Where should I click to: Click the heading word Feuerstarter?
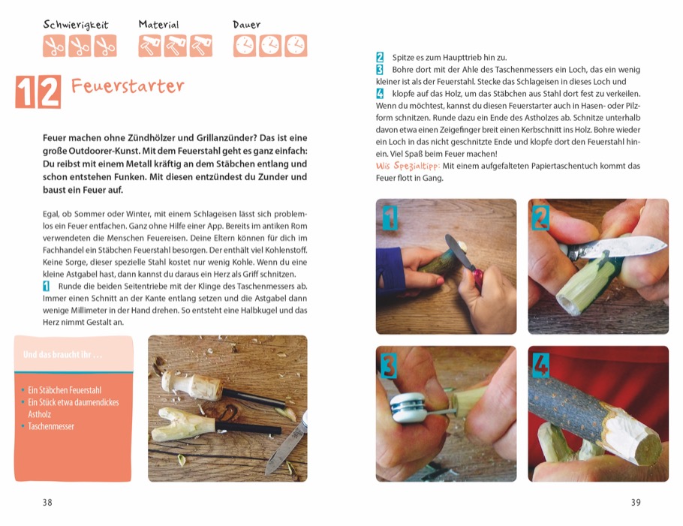pyautogui.click(x=128, y=86)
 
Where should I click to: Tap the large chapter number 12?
pyautogui.click(x=38, y=92)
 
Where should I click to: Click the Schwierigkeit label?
pyautogui.click(x=76, y=25)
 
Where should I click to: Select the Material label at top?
pyautogui.click(x=159, y=25)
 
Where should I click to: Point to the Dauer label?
pyautogui.click(x=247, y=25)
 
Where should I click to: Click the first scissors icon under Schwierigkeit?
pyautogui.click(x=54, y=47)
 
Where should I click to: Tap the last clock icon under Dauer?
pyautogui.click(x=296, y=47)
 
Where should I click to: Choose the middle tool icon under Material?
pyautogui.click(x=176, y=47)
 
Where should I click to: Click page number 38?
pyautogui.click(x=47, y=503)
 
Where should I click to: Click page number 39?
pyautogui.click(x=636, y=503)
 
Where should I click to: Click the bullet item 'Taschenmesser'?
pyautogui.click(x=51, y=426)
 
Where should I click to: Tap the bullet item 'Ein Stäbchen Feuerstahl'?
pyautogui.click(x=65, y=390)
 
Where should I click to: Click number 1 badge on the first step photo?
pyautogui.click(x=390, y=218)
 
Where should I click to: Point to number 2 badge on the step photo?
pyautogui.click(x=540, y=218)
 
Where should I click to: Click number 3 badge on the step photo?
pyautogui.click(x=389, y=365)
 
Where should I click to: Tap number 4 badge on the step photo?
pyautogui.click(x=540, y=365)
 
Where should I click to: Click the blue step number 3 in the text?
pyautogui.click(x=380, y=70)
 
